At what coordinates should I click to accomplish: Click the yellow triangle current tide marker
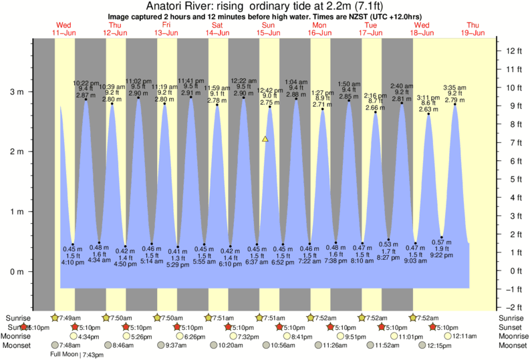(265, 139)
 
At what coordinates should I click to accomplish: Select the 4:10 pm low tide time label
(72, 262)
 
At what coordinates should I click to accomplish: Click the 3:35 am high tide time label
(455, 87)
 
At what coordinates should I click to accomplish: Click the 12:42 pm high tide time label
(271, 90)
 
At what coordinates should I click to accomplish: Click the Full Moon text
(63, 354)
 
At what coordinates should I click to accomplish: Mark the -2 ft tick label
(512, 307)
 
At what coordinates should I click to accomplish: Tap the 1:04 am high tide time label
(296, 82)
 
